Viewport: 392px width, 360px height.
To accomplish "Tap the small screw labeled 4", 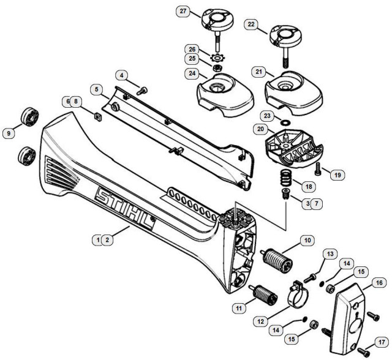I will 142,90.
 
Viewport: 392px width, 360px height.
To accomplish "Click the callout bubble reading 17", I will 381,342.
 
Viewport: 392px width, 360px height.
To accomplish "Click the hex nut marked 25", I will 217,68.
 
